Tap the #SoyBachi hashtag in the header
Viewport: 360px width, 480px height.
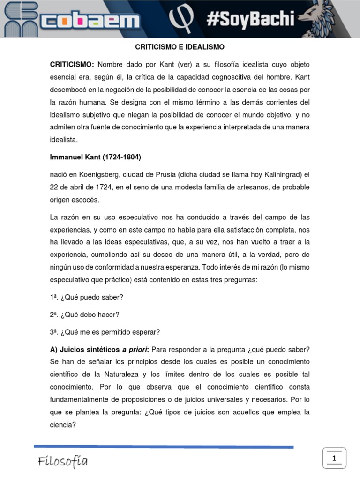click(250, 19)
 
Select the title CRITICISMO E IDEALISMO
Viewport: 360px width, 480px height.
click(180, 47)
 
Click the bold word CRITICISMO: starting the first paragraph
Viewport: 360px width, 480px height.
click(72, 64)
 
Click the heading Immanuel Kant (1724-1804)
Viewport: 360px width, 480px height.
click(96, 157)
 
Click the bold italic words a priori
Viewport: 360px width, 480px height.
click(135, 349)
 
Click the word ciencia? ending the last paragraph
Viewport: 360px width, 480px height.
click(63, 425)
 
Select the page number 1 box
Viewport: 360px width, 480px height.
click(334, 458)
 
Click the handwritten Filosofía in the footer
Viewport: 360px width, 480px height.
click(63, 462)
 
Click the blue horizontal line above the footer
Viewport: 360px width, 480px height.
click(164, 447)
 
